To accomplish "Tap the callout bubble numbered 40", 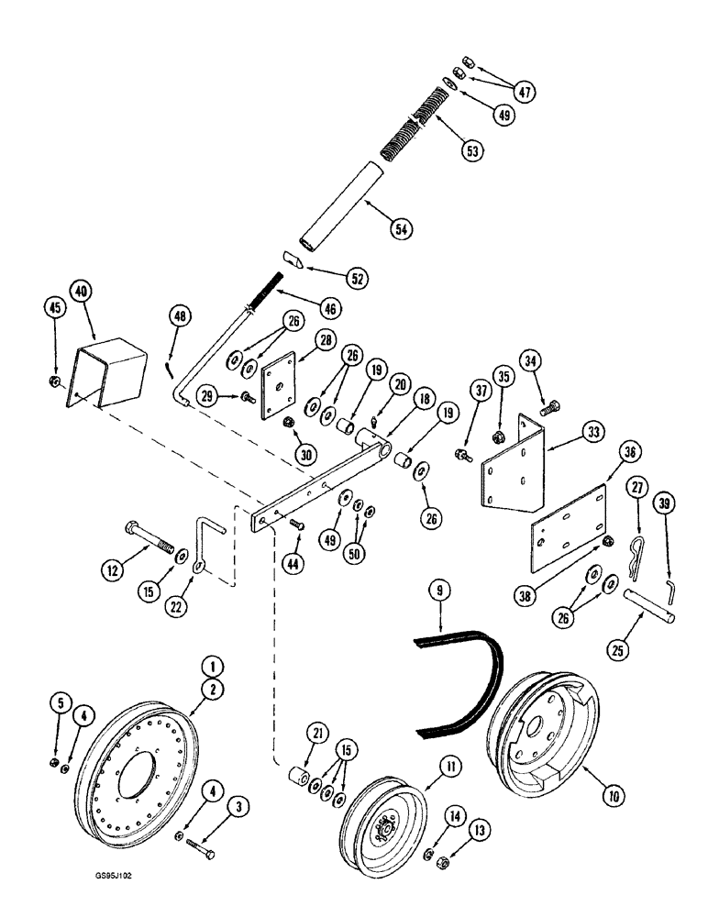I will [83, 291].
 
